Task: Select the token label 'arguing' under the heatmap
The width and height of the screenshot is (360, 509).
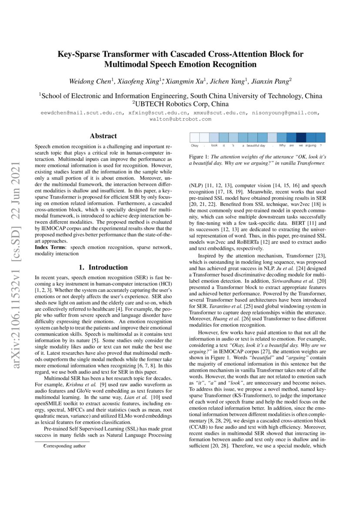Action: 311,145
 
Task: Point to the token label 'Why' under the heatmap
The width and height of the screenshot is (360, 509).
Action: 283,145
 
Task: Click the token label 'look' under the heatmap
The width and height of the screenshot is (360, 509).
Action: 214,145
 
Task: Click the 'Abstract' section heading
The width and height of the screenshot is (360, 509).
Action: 103,136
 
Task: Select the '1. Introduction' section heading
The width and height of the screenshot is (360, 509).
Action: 103,267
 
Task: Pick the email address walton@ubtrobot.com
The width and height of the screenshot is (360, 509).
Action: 180,118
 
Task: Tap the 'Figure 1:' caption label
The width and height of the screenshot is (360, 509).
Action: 200,156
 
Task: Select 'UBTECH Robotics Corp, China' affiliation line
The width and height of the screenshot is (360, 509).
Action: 180,104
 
